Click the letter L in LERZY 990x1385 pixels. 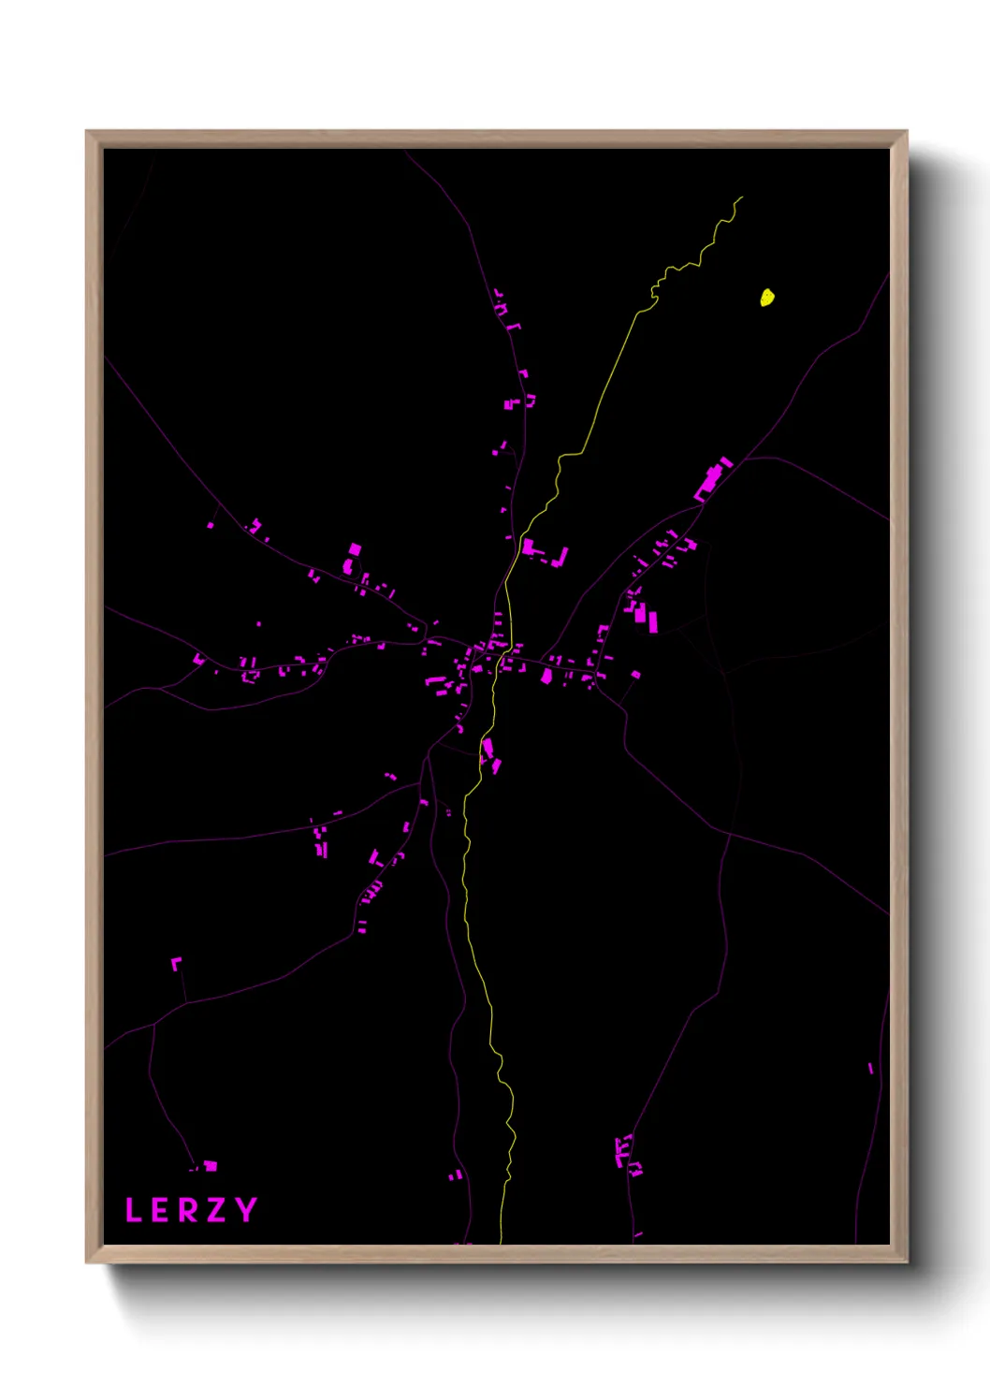[133, 1210]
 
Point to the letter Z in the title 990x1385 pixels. [217, 1210]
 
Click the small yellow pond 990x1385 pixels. [766, 298]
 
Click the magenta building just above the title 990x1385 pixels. [211, 1166]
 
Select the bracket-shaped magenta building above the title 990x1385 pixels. [175, 963]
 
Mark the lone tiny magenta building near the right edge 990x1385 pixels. [870, 1068]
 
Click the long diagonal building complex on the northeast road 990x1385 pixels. [712, 479]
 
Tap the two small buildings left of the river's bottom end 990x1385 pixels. [455, 1174]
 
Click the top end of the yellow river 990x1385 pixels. [742, 197]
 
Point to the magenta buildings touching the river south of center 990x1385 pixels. [489, 754]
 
